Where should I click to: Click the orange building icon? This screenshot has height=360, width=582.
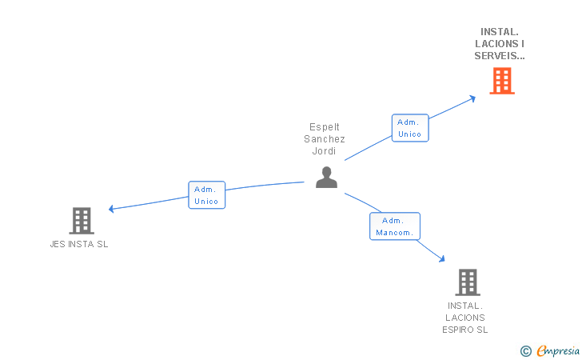point(501,81)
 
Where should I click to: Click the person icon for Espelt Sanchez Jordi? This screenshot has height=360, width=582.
point(326,177)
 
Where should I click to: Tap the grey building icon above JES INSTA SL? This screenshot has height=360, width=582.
point(82,220)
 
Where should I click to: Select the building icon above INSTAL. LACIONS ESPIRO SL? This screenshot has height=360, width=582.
point(467,282)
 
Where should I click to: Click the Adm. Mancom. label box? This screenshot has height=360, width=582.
point(394,226)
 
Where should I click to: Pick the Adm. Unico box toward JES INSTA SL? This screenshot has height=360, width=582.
point(206,195)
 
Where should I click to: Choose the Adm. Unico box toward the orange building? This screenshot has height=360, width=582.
point(409,128)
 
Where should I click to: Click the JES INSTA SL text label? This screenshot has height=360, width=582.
point(78,244)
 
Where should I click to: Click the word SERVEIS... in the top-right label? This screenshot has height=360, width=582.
point(500,56)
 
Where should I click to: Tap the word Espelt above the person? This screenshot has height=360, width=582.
point(325,126)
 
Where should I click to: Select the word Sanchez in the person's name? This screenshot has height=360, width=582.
point(325,138)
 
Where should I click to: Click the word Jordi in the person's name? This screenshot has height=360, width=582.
point(325,150)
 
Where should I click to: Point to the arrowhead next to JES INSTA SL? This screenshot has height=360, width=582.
point(112,210)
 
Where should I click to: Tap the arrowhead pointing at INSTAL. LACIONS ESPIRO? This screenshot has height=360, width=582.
point(441,258)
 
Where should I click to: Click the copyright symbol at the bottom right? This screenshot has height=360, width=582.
point(525,350)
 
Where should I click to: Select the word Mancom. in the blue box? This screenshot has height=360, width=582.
point(394,233)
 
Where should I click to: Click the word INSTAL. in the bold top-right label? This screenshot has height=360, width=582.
point(500,32)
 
